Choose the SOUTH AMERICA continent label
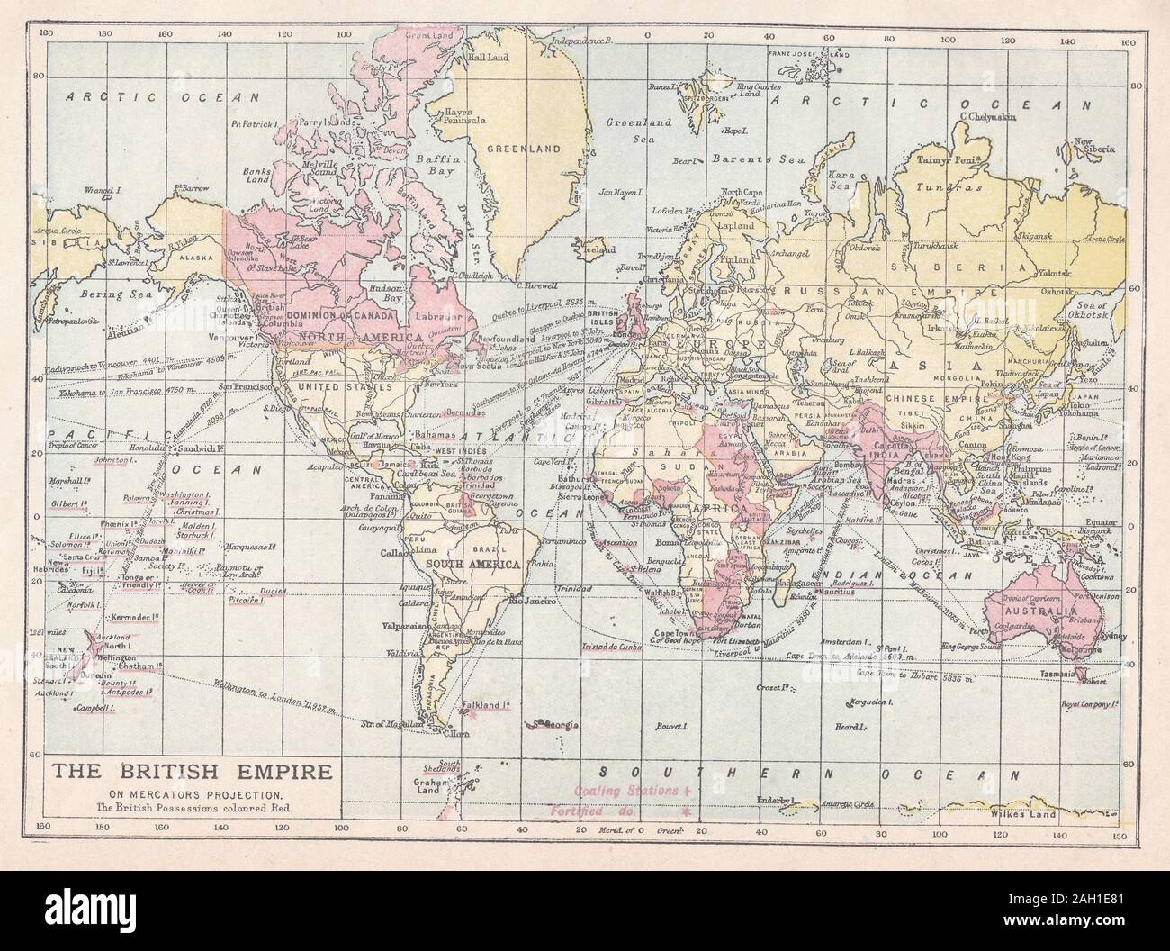coord(488,564)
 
